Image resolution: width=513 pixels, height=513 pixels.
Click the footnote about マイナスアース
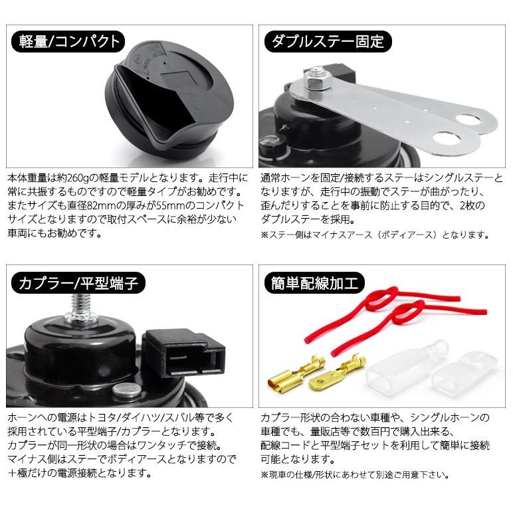click(x=375, y=235)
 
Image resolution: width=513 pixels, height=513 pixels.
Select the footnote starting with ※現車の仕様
click(x=356, y=474)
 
